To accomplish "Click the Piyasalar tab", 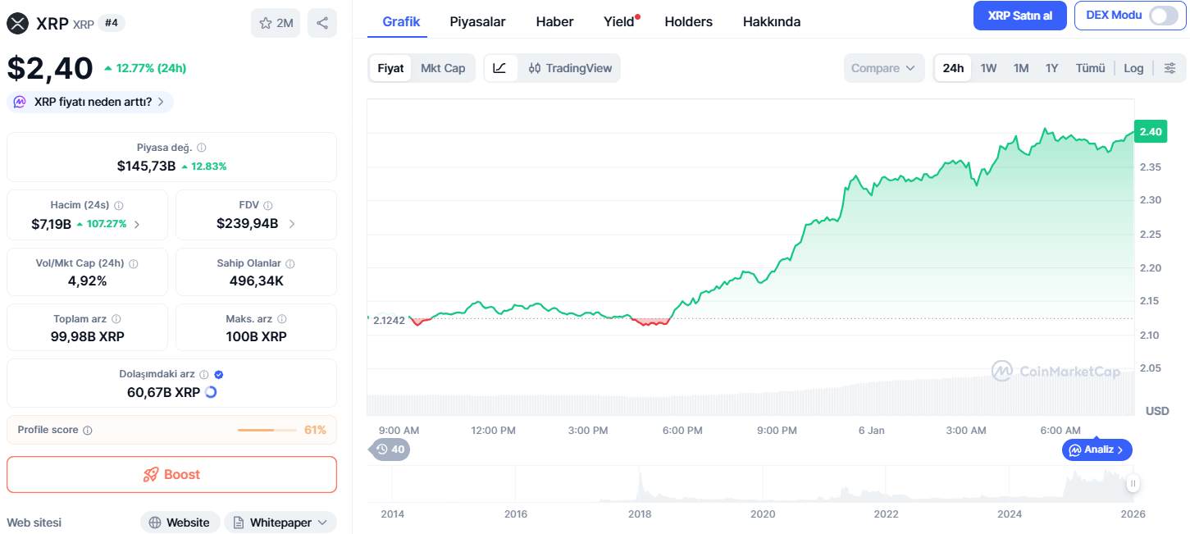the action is coord(477,22).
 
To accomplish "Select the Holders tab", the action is coord(688,22).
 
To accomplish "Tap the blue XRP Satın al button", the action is coord(1019,16).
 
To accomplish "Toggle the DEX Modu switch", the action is coord(1164,16).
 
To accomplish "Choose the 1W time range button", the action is coord(988,68).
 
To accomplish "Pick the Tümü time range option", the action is coord(1090,68).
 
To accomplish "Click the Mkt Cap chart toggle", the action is coord(443,68).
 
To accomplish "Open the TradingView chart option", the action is coord(570,68).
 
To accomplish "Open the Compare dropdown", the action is coord(883,68).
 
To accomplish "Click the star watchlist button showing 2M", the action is coord(276,23).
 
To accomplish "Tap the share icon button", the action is coord(322,23).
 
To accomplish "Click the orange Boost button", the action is coord(171,474).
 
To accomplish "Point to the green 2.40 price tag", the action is coord(1150,132).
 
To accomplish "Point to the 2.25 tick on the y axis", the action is coord(1150,234).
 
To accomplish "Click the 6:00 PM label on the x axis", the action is coord(682,431).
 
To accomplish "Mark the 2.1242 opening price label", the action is coord(389,321).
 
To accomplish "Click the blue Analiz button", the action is coord(1097,450).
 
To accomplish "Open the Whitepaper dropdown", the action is coord(280,523).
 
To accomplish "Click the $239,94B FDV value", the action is coord(247,224).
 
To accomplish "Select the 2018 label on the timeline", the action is coord(640,513).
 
